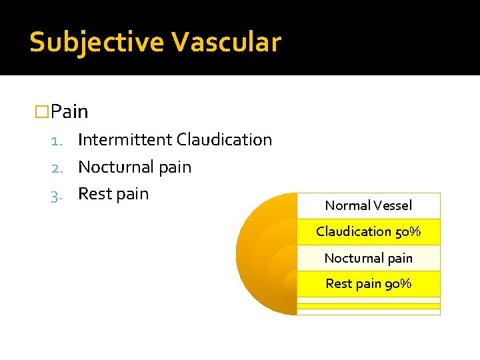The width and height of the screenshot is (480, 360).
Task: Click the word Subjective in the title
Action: pyautogui.click(x=96, y=43)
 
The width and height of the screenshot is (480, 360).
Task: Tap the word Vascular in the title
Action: pyautogui.click(x=226, y=42)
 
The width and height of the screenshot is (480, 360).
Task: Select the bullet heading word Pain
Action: pyautogui.click(x=69, y=111)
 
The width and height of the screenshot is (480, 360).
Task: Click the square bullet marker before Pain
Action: pyautogui.click(x=42, y=111)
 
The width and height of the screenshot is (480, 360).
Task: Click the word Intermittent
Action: pyautogui.click(x=125, y=140)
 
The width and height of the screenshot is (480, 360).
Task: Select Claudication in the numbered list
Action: pyautogui.click(x=224, y=140)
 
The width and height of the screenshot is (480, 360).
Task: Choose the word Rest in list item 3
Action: pyautogui.click(x=93, y=194)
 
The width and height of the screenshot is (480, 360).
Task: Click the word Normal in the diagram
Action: pyautogui.click(x=346, y=205)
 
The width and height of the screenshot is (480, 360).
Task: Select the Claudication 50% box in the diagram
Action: pyautogui.click(x=368, y=231)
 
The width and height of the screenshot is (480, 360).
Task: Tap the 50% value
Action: pyautogui.click(x=408, y=231)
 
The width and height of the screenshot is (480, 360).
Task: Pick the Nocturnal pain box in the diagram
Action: pyautogui.click(x=368, y=258)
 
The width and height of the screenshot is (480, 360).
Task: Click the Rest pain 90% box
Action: pyautogui.click(x=368, y=283)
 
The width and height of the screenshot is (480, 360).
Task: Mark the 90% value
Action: pyautogui.click(x=398, y=283)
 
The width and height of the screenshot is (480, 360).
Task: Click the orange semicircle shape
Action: pyautogui.click(x=263, y=253)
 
